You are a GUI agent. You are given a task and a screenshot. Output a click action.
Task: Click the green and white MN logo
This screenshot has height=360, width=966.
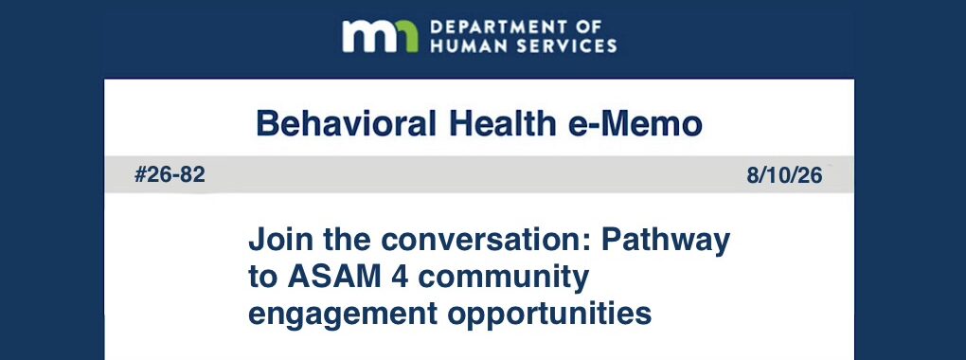[380, 36]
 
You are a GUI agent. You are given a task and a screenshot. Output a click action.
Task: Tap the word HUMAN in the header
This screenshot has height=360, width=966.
[462, 45]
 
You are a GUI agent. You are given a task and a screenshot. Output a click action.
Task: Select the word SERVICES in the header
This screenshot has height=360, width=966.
[559, 45]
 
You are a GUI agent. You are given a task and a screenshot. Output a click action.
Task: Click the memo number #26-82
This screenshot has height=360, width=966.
[170, 175]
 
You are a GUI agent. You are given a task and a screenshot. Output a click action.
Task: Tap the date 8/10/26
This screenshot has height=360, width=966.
[784, 175]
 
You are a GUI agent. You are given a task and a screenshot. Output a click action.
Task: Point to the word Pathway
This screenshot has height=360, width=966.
[666, 240]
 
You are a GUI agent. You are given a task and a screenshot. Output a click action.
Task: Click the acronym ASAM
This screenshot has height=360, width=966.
[327, 277]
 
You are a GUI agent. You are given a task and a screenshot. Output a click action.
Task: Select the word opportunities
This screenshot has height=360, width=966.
[549, 315]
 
